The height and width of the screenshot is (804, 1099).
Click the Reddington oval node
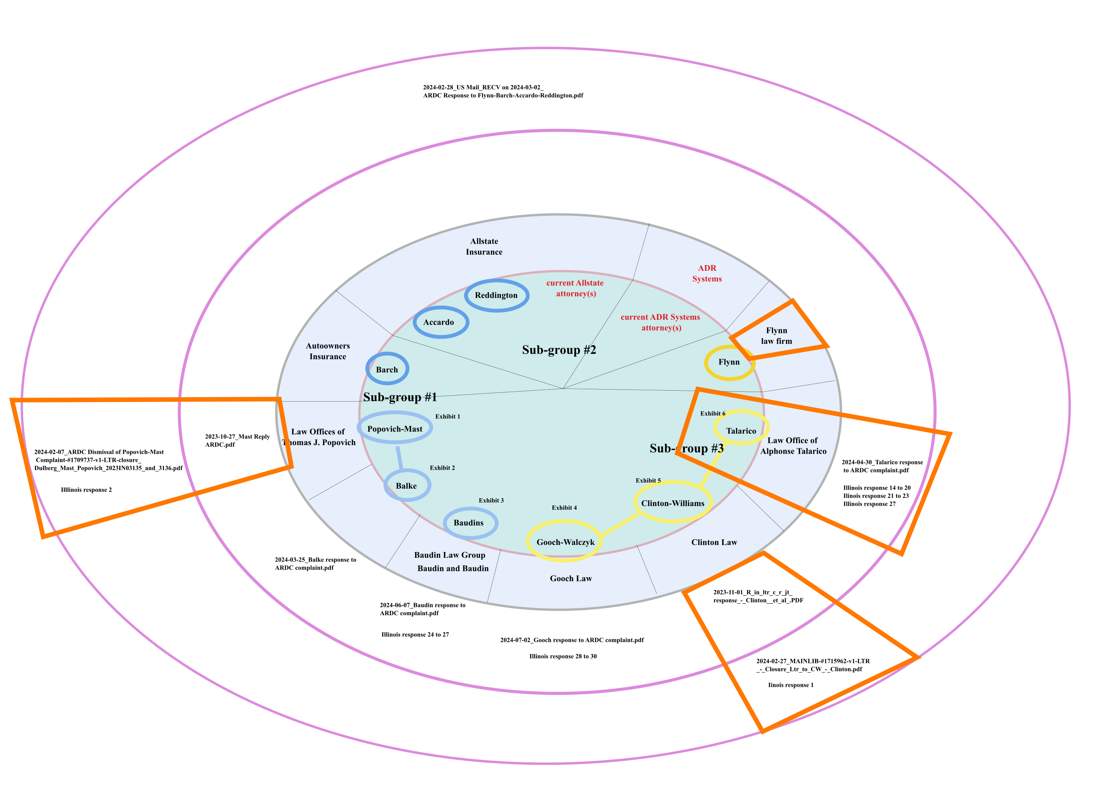click(496, 295)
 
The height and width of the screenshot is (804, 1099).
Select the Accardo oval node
click(441, 322)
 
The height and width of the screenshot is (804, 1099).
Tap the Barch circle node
click(387, 369)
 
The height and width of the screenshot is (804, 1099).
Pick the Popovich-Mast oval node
click(395, 428)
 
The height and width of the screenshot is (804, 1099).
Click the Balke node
click(407, 485)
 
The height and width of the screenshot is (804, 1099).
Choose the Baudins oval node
click(470, 523)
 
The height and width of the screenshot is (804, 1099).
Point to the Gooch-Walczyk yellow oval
click(564, 542)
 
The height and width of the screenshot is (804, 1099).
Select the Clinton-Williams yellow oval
click(672, 502)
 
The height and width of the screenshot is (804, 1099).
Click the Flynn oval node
click(729, 362)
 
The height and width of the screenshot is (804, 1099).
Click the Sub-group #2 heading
click(559, 350)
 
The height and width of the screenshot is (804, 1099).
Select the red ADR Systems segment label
click(706, 273)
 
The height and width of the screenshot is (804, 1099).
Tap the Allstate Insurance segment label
click(484, 247)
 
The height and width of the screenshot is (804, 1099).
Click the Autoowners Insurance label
click(327, 351)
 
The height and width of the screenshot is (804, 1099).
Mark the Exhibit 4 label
click(564, 507)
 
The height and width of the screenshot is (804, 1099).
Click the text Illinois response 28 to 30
click(563, 656)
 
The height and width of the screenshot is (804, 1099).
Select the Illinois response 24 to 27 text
click(415, 635)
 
